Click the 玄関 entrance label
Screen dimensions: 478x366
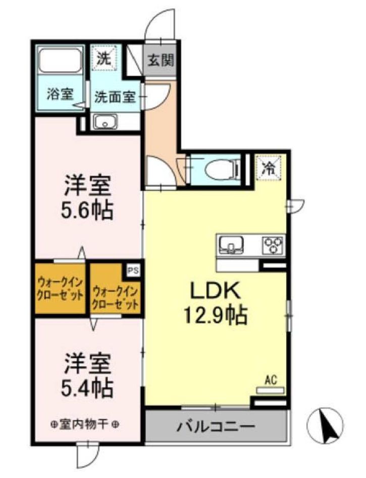(x=161, y=60)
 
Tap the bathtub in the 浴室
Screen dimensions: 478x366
(x=61, y=61)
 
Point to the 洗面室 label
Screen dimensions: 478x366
(x=115, y=96)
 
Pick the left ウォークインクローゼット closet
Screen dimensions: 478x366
(x=60, y=289)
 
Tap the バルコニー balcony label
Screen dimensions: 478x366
(x=216, y=427)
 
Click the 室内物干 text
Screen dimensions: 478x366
(x=85, y=424)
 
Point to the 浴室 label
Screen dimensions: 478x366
(x=60, y=94)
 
